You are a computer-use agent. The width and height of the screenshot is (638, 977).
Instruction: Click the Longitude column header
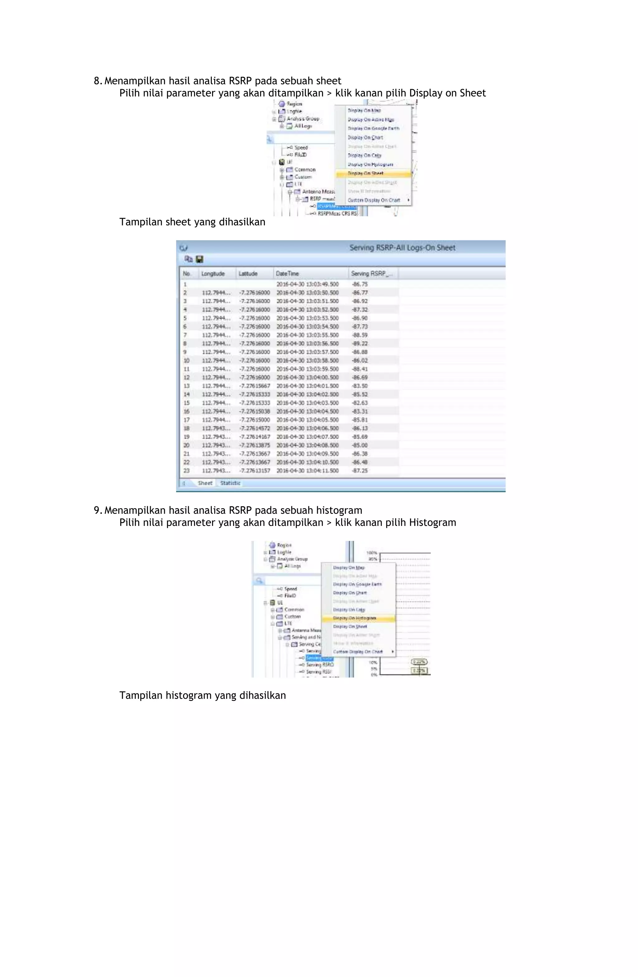213,273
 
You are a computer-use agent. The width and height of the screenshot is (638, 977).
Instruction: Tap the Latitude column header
248,273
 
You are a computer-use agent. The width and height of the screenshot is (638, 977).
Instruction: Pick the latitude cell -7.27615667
255,386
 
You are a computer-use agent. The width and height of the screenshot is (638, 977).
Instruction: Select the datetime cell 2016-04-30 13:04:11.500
307,471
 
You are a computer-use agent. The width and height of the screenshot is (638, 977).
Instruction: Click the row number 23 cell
186,471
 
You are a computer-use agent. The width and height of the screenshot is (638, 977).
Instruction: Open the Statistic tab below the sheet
230,483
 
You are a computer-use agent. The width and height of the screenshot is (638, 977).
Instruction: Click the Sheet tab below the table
205,483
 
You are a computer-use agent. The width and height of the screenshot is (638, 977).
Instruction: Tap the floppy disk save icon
200,259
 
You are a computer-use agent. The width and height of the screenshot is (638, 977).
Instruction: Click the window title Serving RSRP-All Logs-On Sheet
402,248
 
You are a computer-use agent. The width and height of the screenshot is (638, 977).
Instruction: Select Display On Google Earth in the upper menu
373,129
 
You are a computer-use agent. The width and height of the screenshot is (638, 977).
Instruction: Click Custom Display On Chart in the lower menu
358,651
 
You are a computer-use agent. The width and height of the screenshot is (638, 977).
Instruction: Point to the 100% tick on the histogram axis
371,552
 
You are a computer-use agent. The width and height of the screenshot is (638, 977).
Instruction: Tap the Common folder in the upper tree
305,169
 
